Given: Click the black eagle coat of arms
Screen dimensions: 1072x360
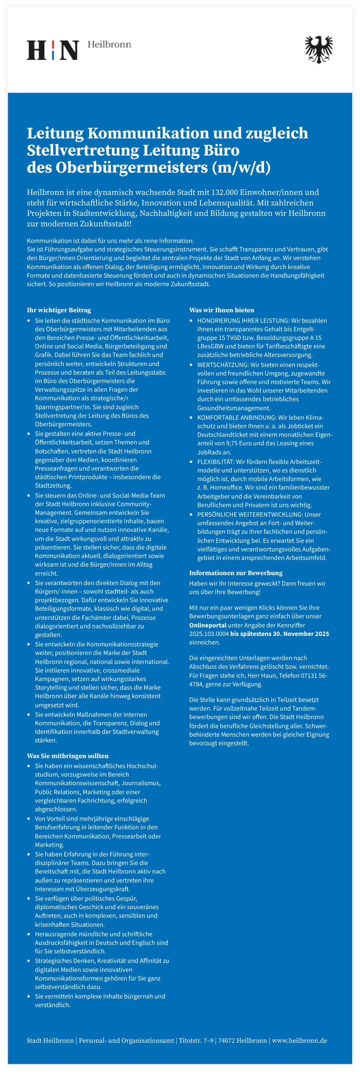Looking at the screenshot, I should click(319, 50).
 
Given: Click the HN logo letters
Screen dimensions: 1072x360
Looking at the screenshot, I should click(52, 50).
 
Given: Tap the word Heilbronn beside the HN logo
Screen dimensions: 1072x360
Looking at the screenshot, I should click(109, 45).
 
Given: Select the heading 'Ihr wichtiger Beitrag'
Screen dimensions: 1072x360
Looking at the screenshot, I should click(59, 310).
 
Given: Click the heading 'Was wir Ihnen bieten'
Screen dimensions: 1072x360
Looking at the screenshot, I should click(221, 310).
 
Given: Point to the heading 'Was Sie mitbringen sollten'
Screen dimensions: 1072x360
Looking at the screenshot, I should click(67, 756).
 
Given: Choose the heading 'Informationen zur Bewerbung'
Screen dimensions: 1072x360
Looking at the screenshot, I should click(236, 573).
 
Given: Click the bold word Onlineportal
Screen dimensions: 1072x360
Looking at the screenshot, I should click(208, 625).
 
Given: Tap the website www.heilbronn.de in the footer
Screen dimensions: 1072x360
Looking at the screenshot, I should click(299, 1040).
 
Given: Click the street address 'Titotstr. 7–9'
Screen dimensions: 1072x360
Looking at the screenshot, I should click(195, 1040).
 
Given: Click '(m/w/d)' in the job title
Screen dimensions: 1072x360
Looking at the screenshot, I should click(241, 167).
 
